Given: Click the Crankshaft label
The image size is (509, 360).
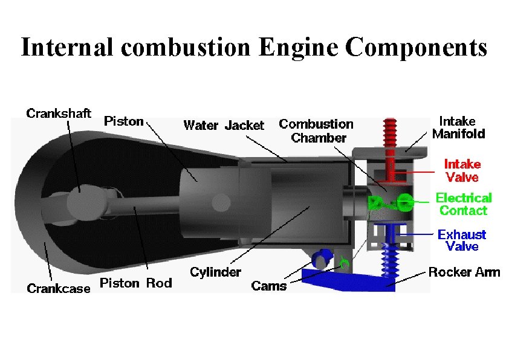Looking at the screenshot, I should click(x=59, y=113).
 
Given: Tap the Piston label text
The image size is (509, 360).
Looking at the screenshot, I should click(x=124, y=121).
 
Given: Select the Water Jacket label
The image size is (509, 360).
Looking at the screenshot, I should click(x=223, y=126).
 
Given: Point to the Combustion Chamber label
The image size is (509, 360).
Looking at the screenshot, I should click(x=316, y=131).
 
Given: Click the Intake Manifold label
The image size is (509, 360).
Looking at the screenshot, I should click(x=458, y=128).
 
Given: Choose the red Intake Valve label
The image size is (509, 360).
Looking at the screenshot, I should click(x=462, y=170).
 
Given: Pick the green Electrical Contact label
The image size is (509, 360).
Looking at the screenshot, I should click(x=464, y=204).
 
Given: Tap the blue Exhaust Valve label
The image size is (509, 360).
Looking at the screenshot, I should click(x=462, y=240).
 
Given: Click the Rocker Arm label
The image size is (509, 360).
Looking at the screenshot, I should click(x=464, y=272).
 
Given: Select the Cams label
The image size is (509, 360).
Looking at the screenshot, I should click(x=269, y=286).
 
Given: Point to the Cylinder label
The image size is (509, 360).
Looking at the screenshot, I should click(x=215, y=272).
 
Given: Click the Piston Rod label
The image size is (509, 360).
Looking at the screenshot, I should click(x=135, y=283).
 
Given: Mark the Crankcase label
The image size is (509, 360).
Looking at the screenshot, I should click(x=59, y=288).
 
